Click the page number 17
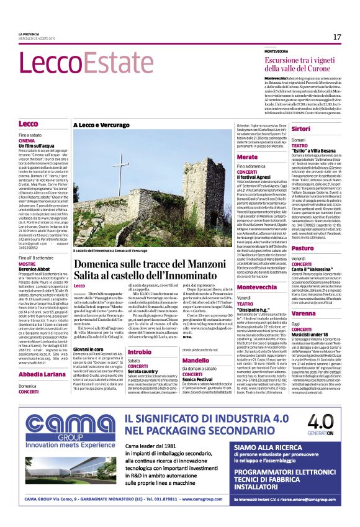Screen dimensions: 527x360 click(x=337, y=37)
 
